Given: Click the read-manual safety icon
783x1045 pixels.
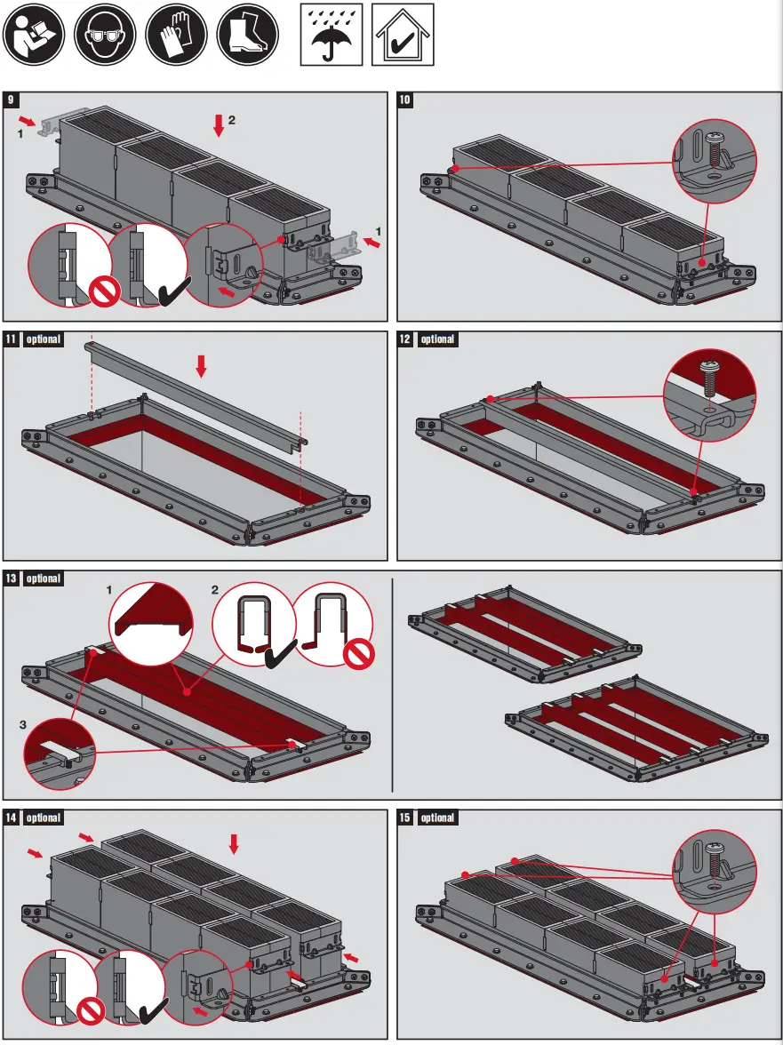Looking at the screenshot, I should (34, 35).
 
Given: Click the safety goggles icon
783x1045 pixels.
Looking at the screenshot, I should (104, 35).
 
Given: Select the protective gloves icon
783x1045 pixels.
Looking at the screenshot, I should (175, 35).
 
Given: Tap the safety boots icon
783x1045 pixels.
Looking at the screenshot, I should (246, 35).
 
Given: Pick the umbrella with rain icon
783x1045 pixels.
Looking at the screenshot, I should (331, 35).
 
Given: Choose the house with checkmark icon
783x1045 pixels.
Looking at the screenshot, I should (402, 35).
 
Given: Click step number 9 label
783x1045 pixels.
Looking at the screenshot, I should (12, 100).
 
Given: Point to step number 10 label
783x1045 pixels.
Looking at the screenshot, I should (405, 100).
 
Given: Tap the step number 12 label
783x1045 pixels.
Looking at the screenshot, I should (405, 339).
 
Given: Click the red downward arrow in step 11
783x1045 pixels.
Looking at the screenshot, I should (201, 365).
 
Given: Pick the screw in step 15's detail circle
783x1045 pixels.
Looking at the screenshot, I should (715, 860).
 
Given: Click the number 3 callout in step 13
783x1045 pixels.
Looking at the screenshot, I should (21, 725).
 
